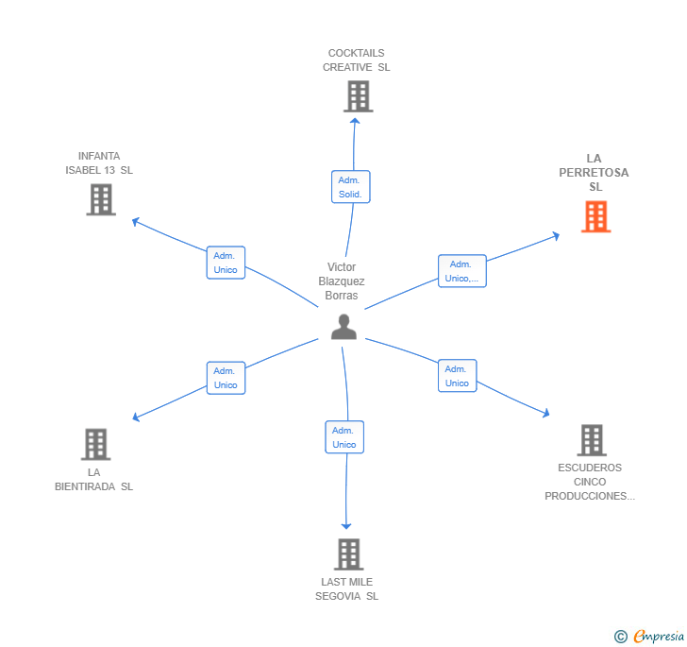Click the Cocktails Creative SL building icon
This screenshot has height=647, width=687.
point(358,96)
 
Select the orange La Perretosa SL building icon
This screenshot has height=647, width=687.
point(595,217)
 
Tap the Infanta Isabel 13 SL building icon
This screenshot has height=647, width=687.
point(101,199)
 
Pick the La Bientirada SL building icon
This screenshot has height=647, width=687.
point(95,444)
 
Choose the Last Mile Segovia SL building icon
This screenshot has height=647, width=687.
point(348,553)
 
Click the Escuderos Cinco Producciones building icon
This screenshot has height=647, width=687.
point(591,440)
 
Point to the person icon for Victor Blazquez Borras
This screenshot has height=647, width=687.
point(344,327)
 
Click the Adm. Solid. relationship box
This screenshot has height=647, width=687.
point(351,187)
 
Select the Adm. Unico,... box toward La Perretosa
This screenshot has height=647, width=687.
point(461,271)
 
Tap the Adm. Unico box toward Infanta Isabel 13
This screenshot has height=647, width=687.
point(226,263)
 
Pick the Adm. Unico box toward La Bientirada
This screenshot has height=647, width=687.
point(226,378)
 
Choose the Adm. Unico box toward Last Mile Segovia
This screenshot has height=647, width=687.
point(344,437)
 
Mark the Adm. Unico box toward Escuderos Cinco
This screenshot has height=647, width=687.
point(457,376)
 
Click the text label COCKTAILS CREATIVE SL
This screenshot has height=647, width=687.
point(357,60)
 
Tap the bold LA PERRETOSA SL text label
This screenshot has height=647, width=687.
point(595,173)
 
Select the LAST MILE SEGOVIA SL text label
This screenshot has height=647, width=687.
point(347,589)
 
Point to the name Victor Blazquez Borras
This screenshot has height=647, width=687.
point(342,281)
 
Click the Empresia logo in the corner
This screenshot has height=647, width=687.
point(658,637)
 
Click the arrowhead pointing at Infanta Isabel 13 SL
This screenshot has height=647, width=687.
point(136,221)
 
